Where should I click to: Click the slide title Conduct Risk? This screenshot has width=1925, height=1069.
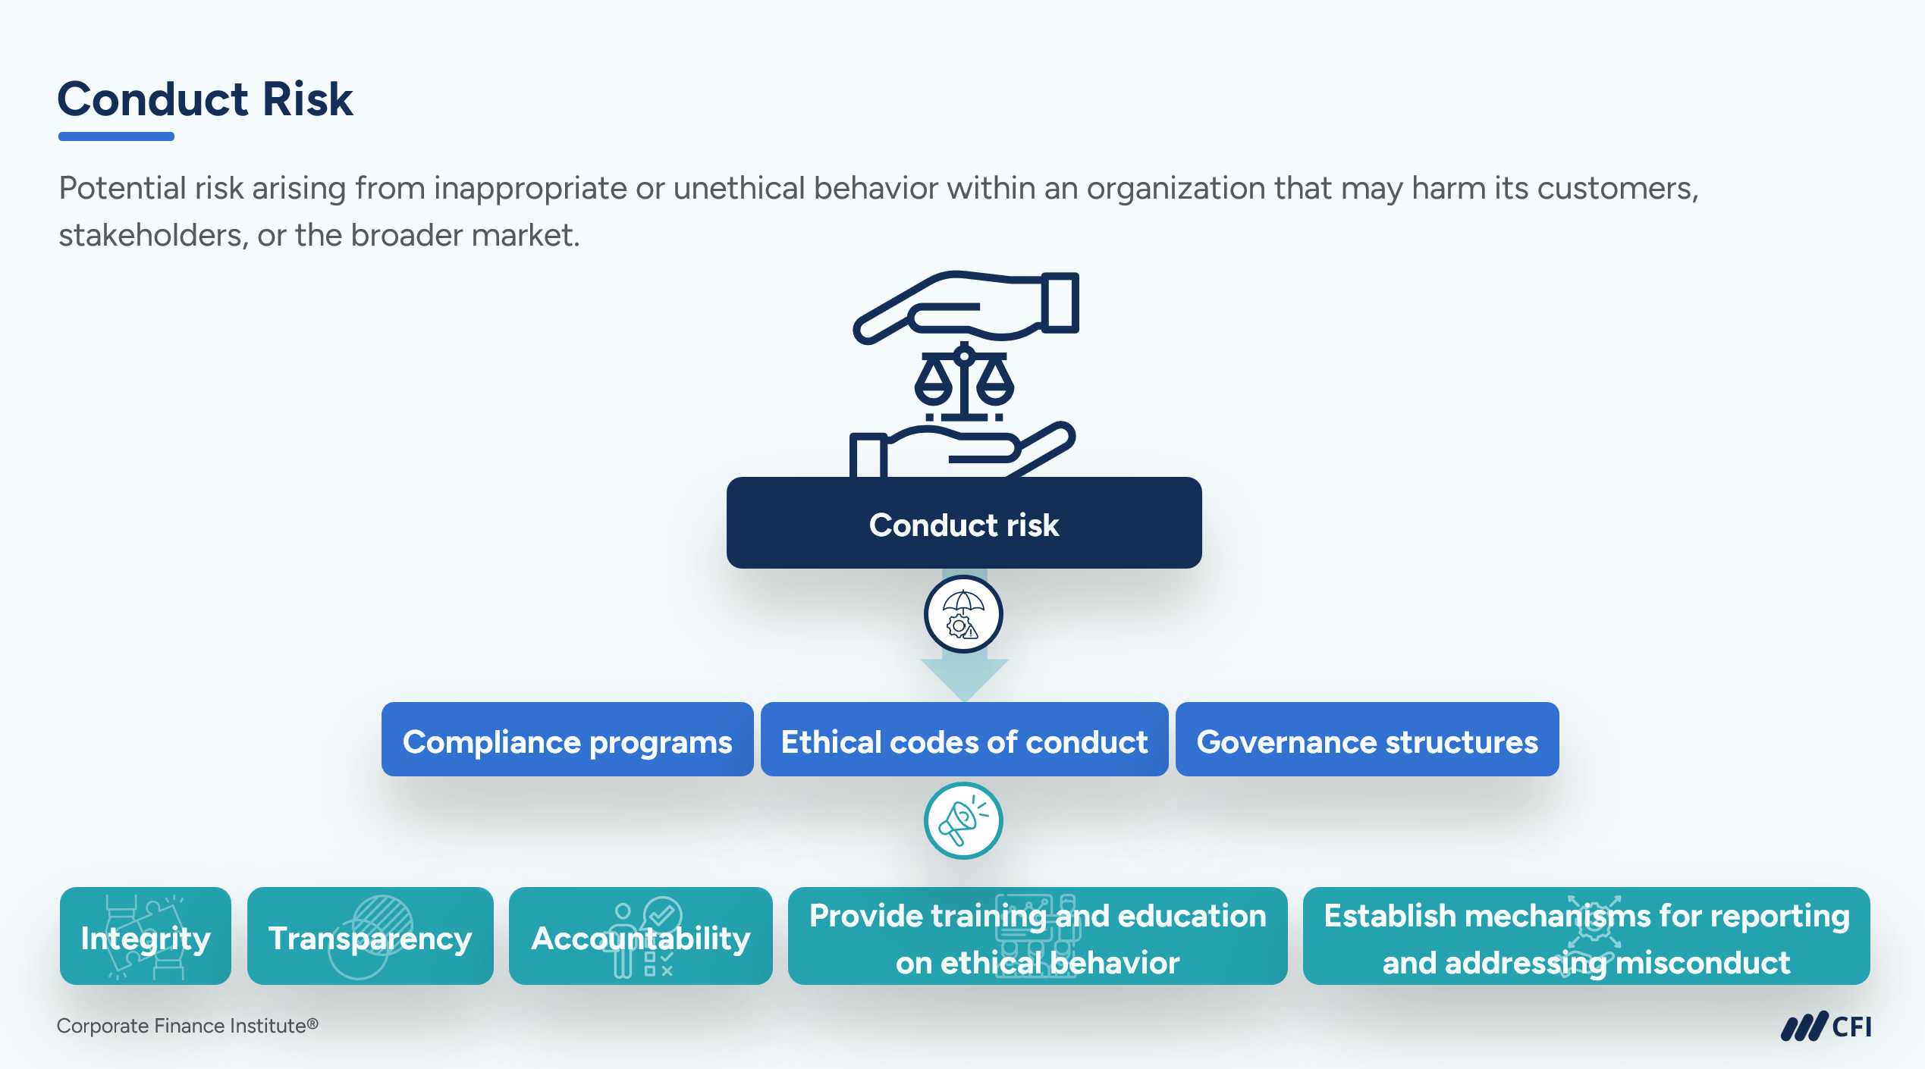(x=205, y=99)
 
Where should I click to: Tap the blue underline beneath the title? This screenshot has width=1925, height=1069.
(x=116, y=136)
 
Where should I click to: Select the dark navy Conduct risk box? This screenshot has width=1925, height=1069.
(x=964, y=523)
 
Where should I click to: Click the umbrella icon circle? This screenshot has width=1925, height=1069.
(x=963, y=614)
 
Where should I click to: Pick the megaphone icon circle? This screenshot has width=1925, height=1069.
(x=963, y=820)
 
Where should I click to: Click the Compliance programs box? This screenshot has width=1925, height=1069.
(x=567, y=739)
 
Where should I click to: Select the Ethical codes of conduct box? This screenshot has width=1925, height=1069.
(x=964, y=739)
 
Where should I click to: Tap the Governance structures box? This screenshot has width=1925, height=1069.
(x=1367, y=739)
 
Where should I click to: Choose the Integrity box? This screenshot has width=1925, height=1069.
(x=146, y=936)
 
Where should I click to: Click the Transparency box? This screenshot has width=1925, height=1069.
(x=370, y=936)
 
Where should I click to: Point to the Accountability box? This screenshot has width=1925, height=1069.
(x=641, y=936)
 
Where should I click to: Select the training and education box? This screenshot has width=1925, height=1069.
(x=1038, y=936)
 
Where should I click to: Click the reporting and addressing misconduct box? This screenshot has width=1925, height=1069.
(x=1587, y=936)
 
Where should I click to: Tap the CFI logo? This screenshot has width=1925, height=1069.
(x=1826, y=1027)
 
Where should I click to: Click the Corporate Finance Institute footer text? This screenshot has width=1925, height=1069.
(x=187, y=1026)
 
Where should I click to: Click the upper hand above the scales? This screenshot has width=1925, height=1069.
(x=966, y=307)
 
